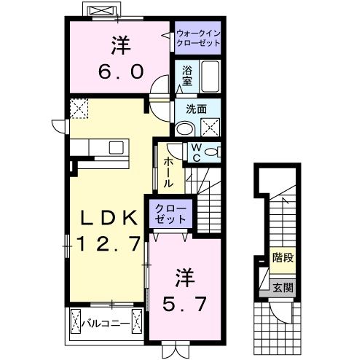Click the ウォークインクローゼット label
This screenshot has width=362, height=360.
pyautogui.click(x=197, y=38)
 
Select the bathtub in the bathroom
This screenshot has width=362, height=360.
pyautogui.click(x=210, y=76)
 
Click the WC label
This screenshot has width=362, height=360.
pyautogui.click(x=194, y=152)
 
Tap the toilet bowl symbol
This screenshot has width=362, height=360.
pyautogui.click(x=211, y=152)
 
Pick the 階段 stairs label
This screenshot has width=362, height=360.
pyautogui.click(x=283, y=258)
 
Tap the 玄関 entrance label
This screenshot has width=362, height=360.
pyautogui.click(x=283, y=286)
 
